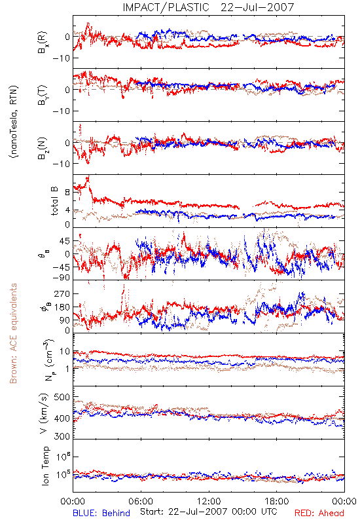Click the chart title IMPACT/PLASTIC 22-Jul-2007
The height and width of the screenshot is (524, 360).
point(208,7)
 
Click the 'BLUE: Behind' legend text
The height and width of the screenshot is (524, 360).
point(101,513)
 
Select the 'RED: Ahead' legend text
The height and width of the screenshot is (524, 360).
point(319,513)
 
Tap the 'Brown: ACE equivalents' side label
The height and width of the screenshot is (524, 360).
point(13,333)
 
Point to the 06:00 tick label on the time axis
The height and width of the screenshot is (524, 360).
point(141,501)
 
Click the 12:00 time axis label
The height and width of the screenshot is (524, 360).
point(209,501)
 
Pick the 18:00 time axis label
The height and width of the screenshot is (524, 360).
point(277,501)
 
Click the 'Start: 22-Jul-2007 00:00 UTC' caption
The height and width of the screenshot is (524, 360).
point(209,512)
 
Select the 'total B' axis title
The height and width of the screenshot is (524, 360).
point(54,201)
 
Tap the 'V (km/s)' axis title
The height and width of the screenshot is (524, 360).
point(45,413)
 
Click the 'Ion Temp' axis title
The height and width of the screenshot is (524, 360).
point(45,466)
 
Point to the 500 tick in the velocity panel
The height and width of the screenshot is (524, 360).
point(62,397)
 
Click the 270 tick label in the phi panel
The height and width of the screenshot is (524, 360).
point(62,293)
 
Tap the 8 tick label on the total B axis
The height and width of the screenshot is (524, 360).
point(68,193)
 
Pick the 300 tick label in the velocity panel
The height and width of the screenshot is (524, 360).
point(62,436)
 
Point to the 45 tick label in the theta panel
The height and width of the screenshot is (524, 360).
point(65,241)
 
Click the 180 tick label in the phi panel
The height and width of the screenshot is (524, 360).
point(62,307)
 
